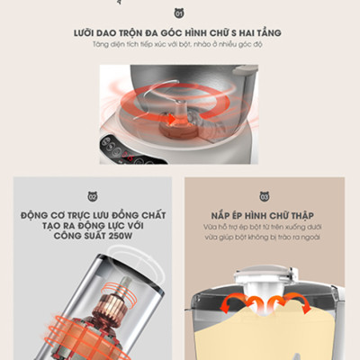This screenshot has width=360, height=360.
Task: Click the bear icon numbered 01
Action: coord(178,13)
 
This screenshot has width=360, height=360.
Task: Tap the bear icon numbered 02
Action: coord(91,196)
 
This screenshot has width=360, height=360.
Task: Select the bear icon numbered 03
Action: coord(266,196)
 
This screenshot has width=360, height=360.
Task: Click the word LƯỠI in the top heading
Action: coord(89,32)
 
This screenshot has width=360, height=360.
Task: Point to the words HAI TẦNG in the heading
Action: coord(256,32)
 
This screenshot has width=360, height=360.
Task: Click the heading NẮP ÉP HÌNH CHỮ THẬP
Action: coord(266,216)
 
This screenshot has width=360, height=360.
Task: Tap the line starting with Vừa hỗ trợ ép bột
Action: coord(266,229)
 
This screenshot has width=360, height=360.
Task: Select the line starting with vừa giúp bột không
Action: coord(266,240)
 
